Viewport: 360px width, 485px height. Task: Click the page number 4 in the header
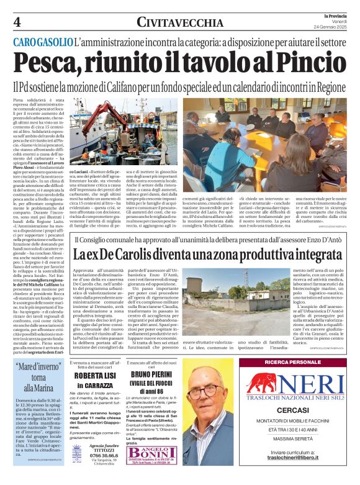(17, 22)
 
